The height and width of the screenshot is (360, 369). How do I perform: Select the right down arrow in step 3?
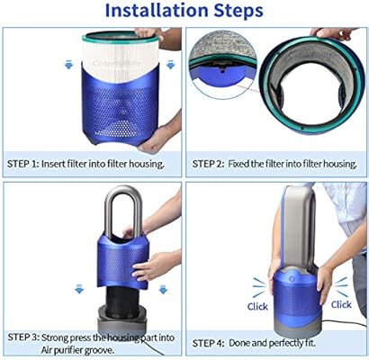click(162, 291)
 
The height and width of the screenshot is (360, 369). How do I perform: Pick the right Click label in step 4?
click(340, 304)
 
